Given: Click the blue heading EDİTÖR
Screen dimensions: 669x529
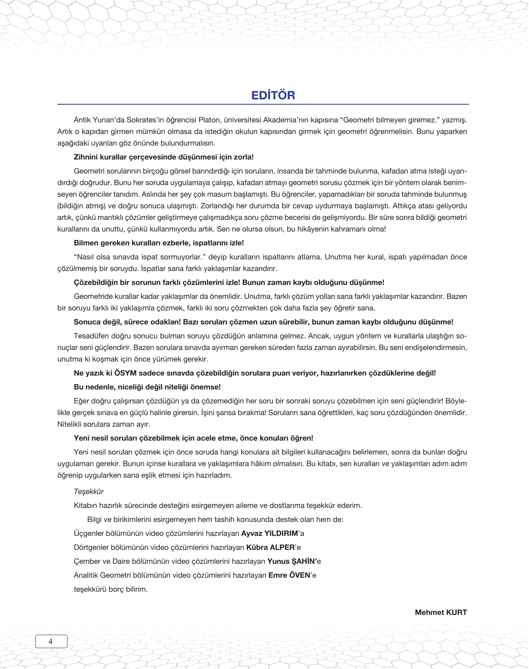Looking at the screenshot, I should pyautogui.click(x=273, y=95).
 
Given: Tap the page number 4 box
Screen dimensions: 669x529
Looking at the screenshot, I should pyautogui.click(x=51, y=641).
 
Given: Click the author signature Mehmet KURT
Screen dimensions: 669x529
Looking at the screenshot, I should pyautogui.click(x=441, y=612).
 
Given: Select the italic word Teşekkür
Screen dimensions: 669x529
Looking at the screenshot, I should pyautogui.click(x=88, y=491).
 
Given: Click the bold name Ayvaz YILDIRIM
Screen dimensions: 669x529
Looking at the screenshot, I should pyautogui.click(x=269, y=533).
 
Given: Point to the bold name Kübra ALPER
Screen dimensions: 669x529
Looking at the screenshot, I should pyautogui.click(x=270, y=547).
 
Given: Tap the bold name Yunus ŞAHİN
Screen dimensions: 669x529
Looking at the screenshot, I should pyautogui.click(x=291, y=561).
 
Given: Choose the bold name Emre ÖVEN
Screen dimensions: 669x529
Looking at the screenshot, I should pyautogui.click(x=289, y=575).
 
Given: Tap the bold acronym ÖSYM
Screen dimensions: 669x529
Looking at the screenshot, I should pyautogui.click(x=125, y=373).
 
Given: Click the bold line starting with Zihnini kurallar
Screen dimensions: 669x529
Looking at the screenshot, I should pyautogui.click(x=163, y=157).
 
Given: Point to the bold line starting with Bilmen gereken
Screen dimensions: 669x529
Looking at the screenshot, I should pyautogui.click(x=158, y=243).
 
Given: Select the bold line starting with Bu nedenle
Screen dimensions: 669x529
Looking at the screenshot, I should pyautogui.click(x=147, y=387).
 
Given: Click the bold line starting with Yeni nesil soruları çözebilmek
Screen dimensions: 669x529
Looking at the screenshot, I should pyautogui.click(x=193, y=438).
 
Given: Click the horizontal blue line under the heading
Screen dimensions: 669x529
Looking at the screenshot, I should pyautogui.click(x=263, y=104).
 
